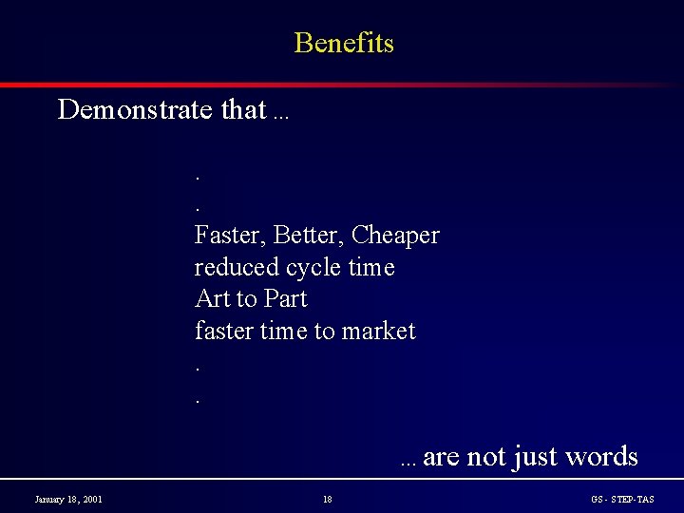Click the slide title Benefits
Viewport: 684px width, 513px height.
(x=344, y=43)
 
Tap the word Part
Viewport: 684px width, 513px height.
(x=285, y=299)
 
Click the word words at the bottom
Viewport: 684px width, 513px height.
(x=601, y=457)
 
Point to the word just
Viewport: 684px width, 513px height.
(x=535, y=457)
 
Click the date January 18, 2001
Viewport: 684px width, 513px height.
(x=68, y=499)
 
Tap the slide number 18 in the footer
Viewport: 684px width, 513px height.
(x=327, y=499)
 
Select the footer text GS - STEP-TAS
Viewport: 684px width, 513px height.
(x=622, y=499)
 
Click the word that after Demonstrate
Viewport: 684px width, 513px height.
(x=243, y=110)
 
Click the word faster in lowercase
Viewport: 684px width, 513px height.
(x=224, y=332)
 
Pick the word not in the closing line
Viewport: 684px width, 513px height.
(x=486, y=457)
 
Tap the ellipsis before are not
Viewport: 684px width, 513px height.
(x=408, y=464)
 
